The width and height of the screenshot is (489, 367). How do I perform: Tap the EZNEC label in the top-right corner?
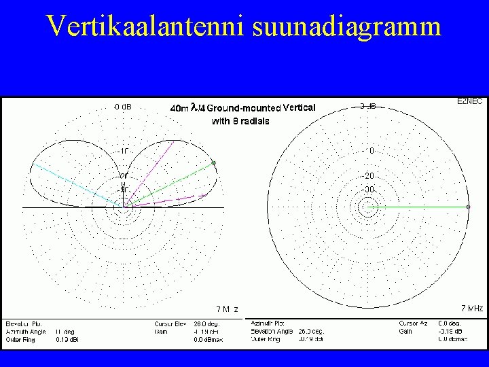(x=469, y=101)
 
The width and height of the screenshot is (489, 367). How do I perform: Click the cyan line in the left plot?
(x=75, y=184)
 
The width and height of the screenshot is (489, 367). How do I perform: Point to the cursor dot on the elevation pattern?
(x=214, y=163)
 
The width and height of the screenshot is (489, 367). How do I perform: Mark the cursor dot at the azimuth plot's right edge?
(x=469, y=207)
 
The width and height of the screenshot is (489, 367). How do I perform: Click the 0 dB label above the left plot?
(x=123, y=107)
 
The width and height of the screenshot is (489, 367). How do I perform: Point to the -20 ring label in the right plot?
(x=367, y=176)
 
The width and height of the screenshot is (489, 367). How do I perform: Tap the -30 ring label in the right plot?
(x=367, y=189)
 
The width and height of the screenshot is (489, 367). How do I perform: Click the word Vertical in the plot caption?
(x=299, y=107)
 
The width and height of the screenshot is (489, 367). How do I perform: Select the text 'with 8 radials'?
(x=240, y=121)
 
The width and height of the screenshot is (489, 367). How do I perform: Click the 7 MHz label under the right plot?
(x=471, y=309)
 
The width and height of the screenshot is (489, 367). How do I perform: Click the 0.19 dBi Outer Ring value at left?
(x=66, y=338)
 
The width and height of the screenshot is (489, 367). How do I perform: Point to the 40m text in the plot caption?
(x=179, y=107)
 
